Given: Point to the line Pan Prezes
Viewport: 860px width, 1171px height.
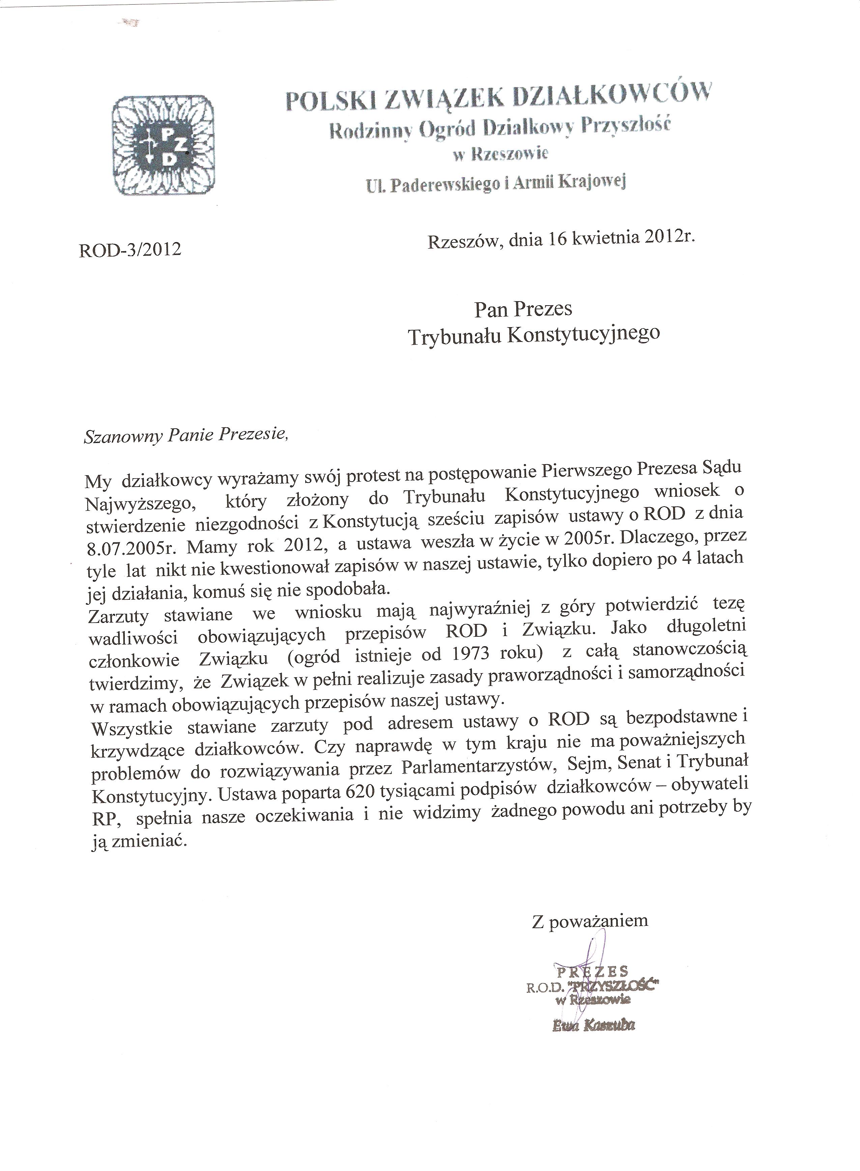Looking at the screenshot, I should [523, 309].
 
